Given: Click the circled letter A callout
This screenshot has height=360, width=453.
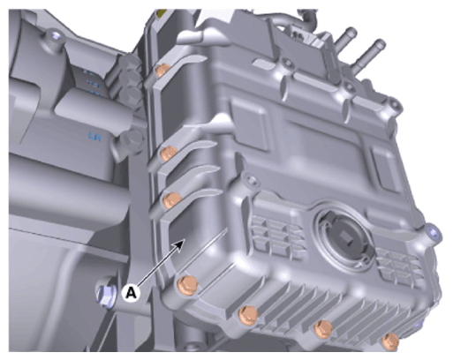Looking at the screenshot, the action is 132,293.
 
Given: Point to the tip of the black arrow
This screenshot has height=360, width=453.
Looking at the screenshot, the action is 185,239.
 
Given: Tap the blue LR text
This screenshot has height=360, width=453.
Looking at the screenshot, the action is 95,137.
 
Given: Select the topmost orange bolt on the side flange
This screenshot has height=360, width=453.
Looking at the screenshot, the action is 162,70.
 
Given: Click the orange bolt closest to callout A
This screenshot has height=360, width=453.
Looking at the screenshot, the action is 188,285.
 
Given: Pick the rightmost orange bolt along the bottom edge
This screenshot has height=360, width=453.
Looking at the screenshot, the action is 390,341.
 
